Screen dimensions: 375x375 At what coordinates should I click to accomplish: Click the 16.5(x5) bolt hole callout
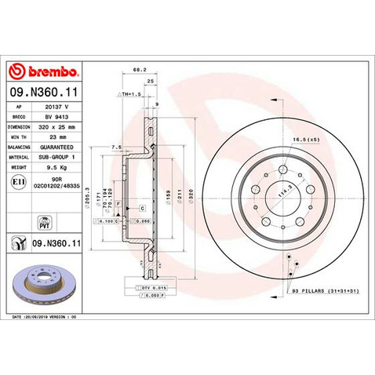point(305,139)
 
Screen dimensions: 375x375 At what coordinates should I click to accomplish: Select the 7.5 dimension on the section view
point(115,147)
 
